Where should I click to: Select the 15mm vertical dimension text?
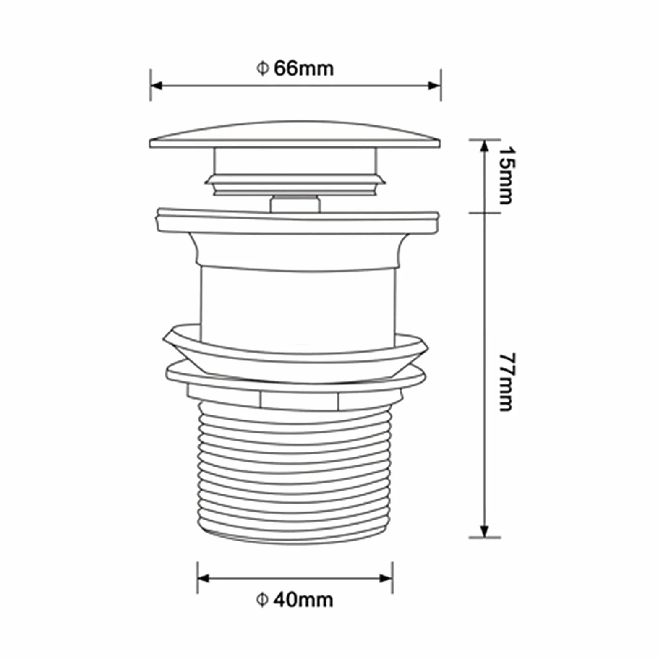coord(506,175)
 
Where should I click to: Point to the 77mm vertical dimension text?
coord(506,382)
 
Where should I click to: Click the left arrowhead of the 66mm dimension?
coord(156,86)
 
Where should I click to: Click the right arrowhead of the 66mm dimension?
coord(434,86)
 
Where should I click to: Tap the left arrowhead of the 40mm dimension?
coord(204,579)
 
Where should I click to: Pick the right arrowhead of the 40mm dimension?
coord(386,579)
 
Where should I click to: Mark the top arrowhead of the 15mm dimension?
coord(485,146)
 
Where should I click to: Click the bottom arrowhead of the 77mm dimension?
coord(485,531)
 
